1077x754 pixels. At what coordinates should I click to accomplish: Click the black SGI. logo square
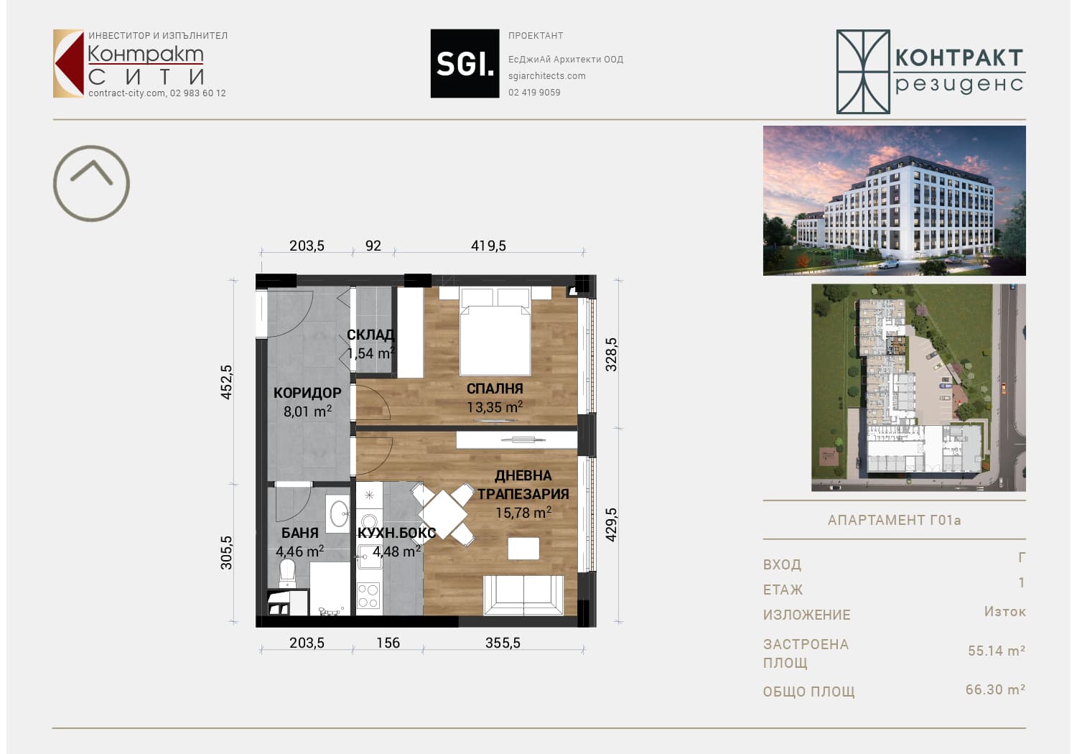click(x=465, y=63)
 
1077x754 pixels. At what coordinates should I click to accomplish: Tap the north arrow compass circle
click(x=91, y=146)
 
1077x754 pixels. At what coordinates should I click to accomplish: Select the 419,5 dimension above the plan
click(x=488, y=246)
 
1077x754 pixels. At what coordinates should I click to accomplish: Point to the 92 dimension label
click(x=373, y=246)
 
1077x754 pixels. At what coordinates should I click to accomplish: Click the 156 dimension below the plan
click(x=388, y=643)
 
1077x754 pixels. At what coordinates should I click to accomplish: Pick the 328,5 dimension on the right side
click(x=610, y=355)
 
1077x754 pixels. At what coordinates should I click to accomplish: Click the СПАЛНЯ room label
click(x=495, y=388)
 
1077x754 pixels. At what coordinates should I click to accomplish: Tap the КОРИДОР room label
click(x=307, y=393)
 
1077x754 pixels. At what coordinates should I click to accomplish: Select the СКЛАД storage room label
click(x=370, y=335)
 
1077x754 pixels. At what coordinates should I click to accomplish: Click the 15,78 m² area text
click(x=523, y=513)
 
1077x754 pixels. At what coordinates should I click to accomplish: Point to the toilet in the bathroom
click(x=287, y=573)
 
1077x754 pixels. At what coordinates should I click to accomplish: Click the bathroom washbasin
click(x=338, y=513)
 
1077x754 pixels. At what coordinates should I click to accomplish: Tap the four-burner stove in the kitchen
click(x=369, y=595)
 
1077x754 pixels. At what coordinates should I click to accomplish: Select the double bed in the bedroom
click(x=495, y=331)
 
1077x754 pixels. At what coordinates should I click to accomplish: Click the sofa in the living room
click(x=523, y=595)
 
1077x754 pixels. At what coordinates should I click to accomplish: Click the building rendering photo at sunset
click(x=894, y=200)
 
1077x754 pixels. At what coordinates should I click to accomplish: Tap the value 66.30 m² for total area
click(x=995, y=689)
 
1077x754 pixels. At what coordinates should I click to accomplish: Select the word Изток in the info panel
click(x=1005, y=612)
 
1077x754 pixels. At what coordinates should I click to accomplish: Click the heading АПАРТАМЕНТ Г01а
click(x=894, y=521)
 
